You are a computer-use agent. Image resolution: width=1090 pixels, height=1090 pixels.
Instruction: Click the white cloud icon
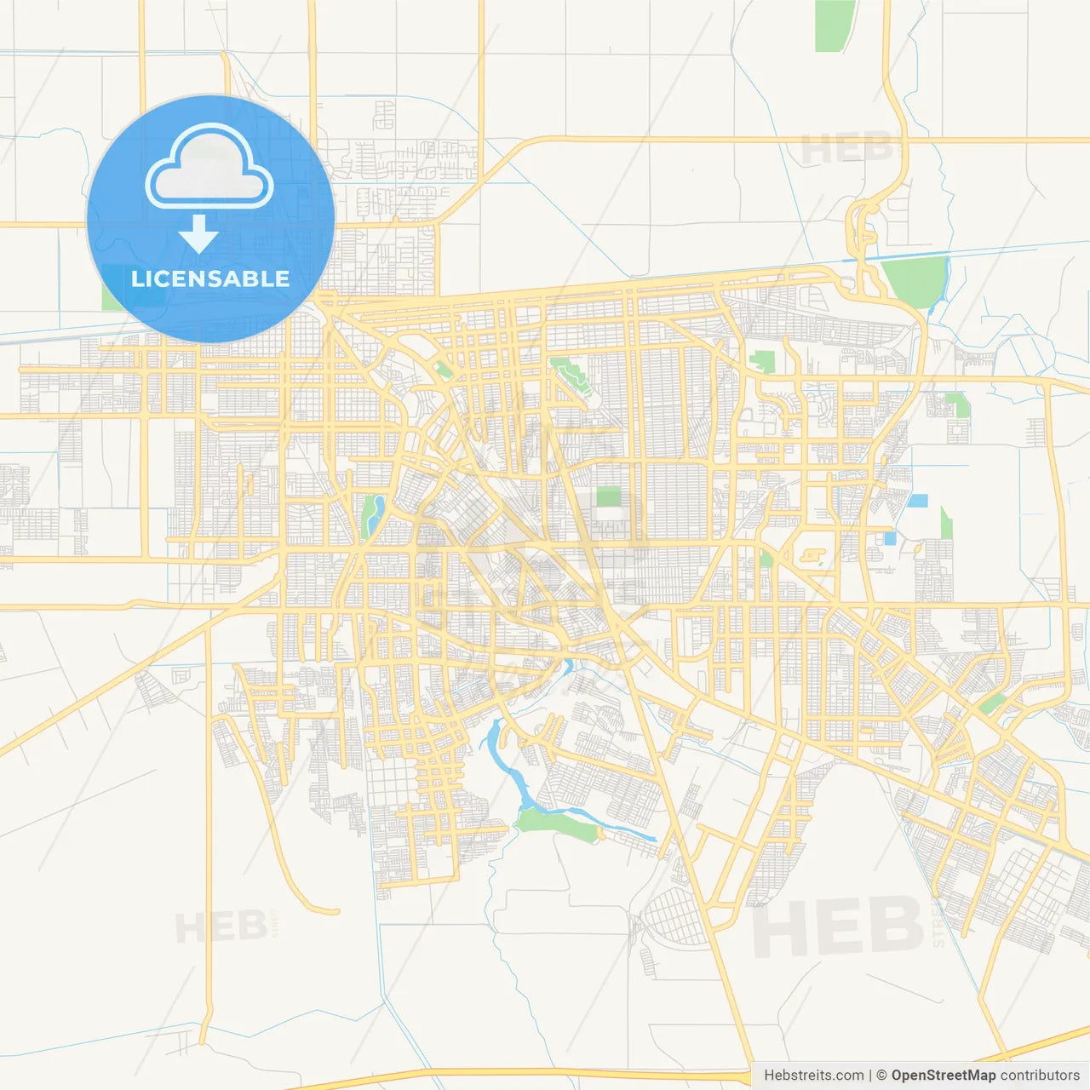click(209, 167)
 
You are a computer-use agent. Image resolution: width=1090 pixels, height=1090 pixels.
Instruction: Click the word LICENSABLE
click(210, 278)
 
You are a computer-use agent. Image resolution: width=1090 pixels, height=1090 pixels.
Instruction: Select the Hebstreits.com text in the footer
click(813, 1076)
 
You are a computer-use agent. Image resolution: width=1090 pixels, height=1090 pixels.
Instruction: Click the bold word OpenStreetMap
click(943, 1076)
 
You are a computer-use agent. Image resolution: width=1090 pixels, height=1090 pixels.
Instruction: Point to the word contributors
click(1039, 1076)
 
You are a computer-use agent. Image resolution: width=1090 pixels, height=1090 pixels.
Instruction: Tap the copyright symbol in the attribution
click(881, 1076)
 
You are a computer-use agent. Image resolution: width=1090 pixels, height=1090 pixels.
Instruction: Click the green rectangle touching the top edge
click(834, 26)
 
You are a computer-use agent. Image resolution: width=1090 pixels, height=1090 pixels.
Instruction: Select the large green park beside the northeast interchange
click(916, 280)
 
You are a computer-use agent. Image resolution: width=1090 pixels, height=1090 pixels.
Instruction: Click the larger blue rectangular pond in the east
click(917, 501)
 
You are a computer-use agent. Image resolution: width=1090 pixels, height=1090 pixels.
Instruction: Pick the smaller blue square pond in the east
click(890, 538)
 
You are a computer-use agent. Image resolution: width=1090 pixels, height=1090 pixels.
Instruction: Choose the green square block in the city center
click(608, 496)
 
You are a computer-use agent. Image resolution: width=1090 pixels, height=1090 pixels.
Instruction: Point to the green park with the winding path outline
click(571, 375)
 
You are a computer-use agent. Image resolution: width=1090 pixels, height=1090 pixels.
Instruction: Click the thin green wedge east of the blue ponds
click(946, 523)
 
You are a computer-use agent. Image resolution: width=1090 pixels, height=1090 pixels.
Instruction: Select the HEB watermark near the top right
click(847, 150)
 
